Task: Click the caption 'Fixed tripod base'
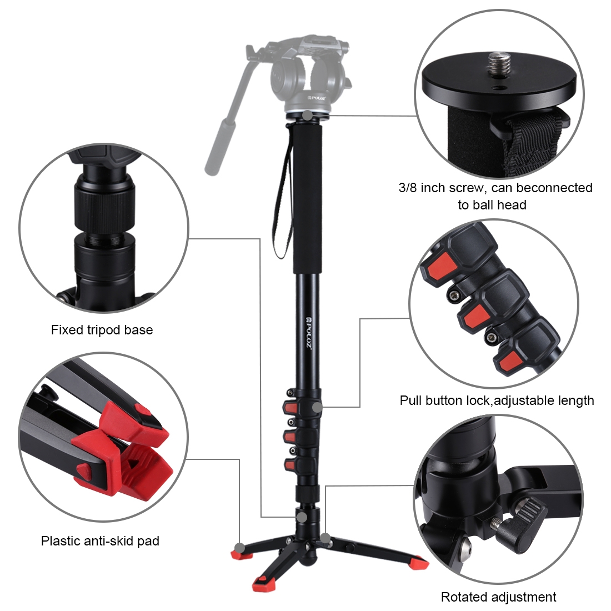point(102,330)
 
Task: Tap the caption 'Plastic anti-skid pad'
point(100,541)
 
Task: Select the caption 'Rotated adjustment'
point(498,597)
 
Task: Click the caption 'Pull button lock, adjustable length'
point(497,400)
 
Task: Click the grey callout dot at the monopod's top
point(308,116)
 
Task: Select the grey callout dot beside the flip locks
point(317,408)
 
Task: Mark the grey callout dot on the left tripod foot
point(239,548)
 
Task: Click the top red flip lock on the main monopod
point(290,408)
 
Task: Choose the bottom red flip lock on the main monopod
point(290,464)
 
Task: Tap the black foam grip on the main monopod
point(308,199)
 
